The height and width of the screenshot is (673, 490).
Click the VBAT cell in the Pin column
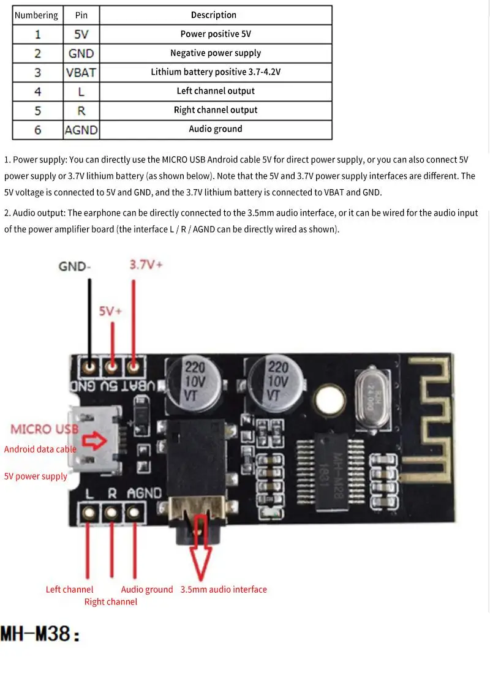point(81,72)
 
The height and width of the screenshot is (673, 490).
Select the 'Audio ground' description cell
point(215,129)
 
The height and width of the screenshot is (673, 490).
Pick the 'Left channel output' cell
point(215,91)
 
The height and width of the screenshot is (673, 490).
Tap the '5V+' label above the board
point(111,311)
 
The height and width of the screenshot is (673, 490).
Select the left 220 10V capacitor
point(194,382)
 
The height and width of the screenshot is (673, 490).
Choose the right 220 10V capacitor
point(277,382)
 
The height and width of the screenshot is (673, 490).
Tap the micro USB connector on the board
point(92,441)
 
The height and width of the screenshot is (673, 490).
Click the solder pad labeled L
point(90,511)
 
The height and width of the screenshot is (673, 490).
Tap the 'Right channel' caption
point(111,602)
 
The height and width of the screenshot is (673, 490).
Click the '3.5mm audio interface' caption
point(224,590)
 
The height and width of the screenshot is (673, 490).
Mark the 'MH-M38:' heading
point(40,634)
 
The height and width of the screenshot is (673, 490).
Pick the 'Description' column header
point(213,15)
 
